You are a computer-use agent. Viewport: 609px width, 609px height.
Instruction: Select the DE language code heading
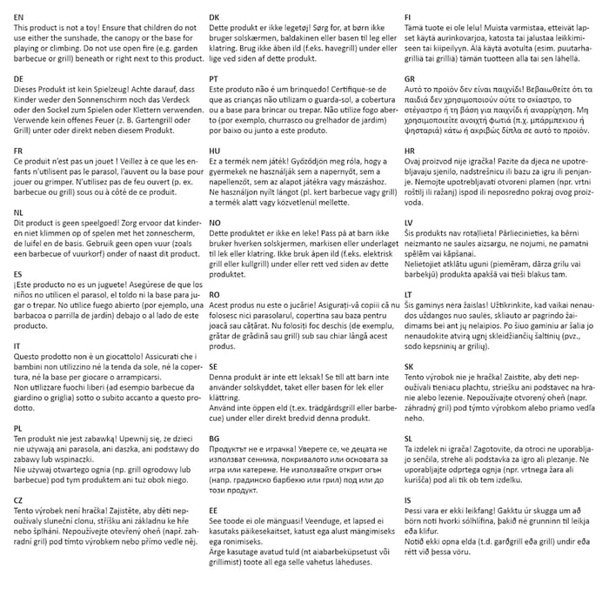[19, 78]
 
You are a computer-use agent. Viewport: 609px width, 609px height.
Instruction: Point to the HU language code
[215, 151]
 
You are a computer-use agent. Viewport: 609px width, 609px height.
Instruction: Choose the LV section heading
[409, 224]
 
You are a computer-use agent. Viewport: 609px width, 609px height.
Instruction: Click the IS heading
[407, 499]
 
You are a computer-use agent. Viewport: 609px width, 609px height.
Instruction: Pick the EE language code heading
[214, 510]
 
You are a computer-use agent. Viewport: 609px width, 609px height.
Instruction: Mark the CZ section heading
[19, 500]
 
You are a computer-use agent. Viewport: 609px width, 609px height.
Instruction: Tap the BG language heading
[215, 439]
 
